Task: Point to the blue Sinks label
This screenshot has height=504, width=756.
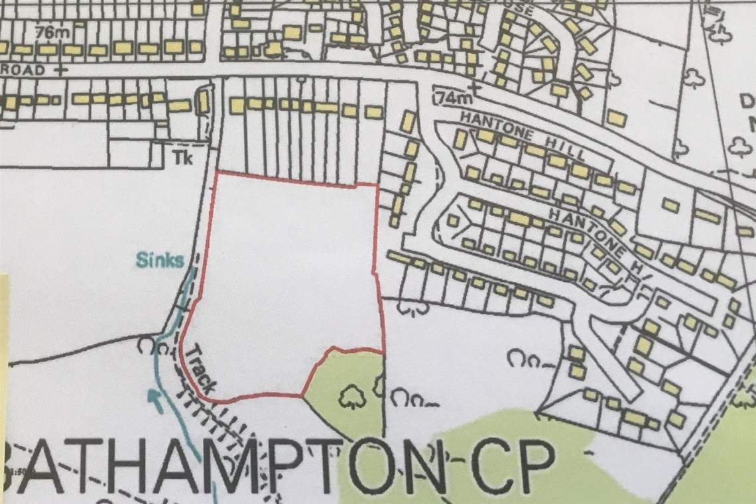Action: tap(160, 259)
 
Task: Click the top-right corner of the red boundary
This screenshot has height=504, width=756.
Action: tap(377, 184)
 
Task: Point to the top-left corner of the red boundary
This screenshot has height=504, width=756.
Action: tap(217, 172)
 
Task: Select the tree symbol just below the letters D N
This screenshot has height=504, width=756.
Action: tap(740, 147)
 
